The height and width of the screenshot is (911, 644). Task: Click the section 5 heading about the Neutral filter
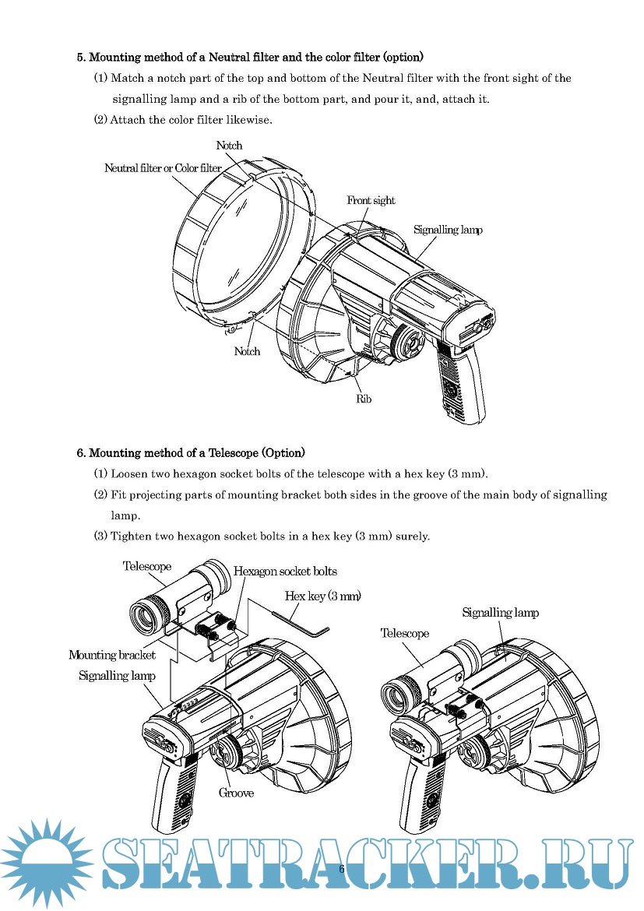[x=250, y=57]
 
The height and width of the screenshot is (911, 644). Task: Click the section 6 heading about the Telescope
[x=191, y=452]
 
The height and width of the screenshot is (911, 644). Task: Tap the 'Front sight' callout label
[x=371, y=201]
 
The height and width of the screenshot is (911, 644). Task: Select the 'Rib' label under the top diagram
[x=364, y=399]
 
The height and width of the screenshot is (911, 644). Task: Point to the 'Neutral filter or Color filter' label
[x=163, y=168]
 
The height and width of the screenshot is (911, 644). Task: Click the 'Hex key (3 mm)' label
[x=322, y=596]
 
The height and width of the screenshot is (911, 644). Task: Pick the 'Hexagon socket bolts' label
[x=285, y=572]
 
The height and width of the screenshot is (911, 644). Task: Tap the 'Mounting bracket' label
[x=112, y=655]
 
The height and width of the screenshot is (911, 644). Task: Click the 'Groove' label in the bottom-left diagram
[x=236, y=793]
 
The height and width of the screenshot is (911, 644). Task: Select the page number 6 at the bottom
[x=341, y=868]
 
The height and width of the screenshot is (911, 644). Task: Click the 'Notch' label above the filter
[x=229, y=146]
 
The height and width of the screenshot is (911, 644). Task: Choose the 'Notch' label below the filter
[x=247, y=352]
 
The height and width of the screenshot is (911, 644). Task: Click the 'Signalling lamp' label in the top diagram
[x=448, y=230]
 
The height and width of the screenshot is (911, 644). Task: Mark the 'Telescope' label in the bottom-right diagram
[x=404, y=633]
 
